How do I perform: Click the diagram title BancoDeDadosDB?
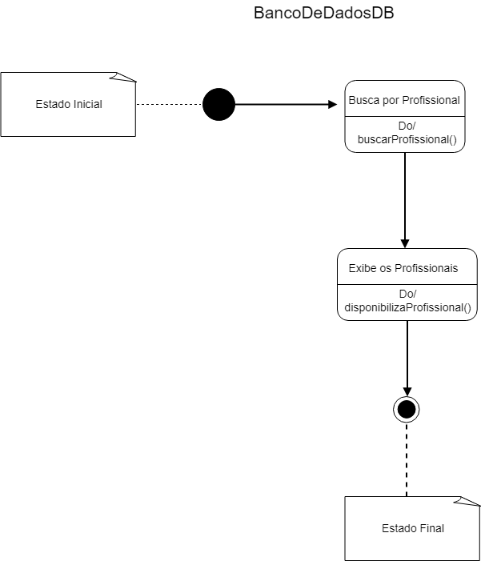(x=323, y=14)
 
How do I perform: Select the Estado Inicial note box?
(x=68, y=104)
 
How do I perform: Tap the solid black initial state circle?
(x=218, y=104)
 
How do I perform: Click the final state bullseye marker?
(x=407, y=409)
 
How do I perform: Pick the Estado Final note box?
(x=412, y=528)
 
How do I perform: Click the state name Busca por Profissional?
(x=404, y=101)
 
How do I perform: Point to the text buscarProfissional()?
(x=405, y=140)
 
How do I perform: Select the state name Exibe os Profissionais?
(x=403, y=268)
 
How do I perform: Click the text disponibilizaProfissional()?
(x=407, y=307)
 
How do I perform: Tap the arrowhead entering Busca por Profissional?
(x=333, y=104)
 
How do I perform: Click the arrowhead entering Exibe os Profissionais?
(x=405, y=243)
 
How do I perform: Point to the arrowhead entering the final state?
(x=407, y=391)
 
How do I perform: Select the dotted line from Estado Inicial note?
(x=169, y=104)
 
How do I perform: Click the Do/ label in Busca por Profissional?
(x=407, y=126)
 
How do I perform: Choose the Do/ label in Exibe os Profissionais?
(x=407, y=294)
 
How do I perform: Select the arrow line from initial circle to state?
(x=280, y=104)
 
